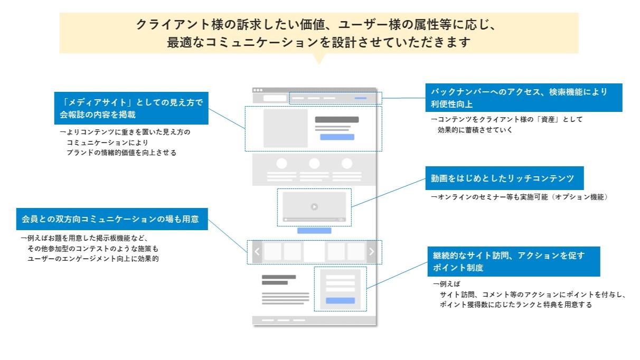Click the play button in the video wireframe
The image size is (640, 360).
314,207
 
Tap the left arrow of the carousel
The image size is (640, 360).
257,252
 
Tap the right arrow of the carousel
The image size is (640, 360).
371,252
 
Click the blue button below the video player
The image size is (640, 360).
314,231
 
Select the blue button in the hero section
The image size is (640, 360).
337,137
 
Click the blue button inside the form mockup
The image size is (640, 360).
340,300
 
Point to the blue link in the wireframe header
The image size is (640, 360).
361,98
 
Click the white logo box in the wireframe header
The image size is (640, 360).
275,98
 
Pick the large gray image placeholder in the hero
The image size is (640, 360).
285,128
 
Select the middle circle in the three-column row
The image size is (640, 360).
314,164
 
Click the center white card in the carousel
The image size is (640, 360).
314,252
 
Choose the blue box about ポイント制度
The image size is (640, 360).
513,261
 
